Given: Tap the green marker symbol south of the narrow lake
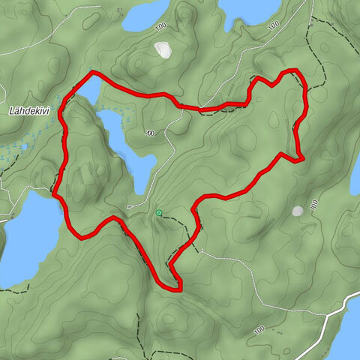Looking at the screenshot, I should [158, 213].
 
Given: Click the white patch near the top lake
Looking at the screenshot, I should [162, 49].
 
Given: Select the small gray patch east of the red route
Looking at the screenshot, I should [298, 211].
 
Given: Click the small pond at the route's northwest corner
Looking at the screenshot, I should [87, 92].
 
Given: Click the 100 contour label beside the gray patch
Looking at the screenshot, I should [314, 203].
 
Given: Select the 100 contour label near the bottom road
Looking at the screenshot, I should [259, 329].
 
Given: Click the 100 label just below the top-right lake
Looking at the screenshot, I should [272, 25].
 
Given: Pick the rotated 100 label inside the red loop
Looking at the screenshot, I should [151, 133].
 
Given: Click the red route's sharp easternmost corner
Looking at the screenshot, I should [301, 160].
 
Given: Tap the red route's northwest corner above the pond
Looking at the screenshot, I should [92, 73].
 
